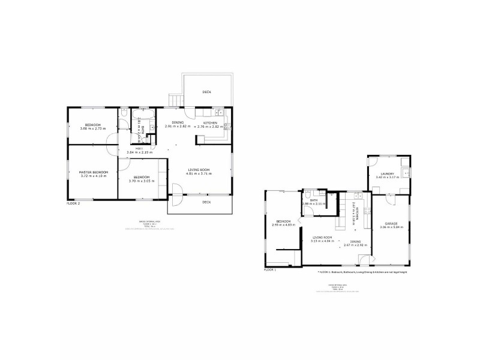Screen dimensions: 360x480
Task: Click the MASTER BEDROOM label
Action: tap(92, 172)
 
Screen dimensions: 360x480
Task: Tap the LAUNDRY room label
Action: tap(387, 174)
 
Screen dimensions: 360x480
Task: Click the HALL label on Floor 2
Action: tap(139, 148)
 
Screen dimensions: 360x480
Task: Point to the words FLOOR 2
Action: tap(73, 203)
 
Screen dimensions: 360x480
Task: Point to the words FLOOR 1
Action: tap(270, 270)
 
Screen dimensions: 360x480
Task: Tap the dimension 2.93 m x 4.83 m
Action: tap(282, 225)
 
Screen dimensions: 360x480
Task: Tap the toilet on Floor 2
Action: tap(122, 113)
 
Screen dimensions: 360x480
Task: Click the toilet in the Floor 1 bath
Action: tap(307, 194)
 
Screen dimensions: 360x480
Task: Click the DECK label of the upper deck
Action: tap(207, 92)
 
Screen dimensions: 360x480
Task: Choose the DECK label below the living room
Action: tap(206, 202)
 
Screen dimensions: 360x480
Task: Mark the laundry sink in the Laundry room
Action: tap(405, 173)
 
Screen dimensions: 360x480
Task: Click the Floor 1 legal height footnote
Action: tap(366, 272)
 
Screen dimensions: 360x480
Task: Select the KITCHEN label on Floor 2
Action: tap(210, 122)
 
